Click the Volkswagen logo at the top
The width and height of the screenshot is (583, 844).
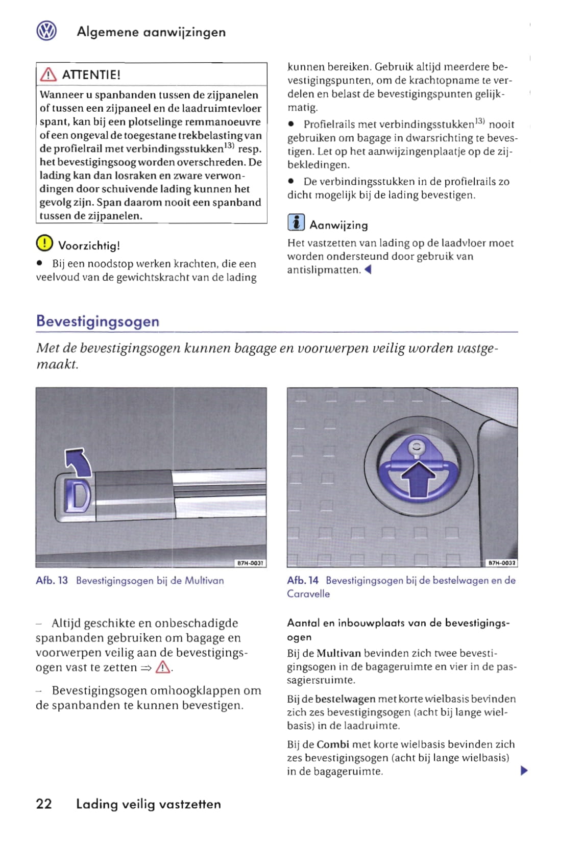[x=46, y=32]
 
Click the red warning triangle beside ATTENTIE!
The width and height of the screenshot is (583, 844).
[x=48, y=75]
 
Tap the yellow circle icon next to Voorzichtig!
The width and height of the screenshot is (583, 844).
[x=44, y=243]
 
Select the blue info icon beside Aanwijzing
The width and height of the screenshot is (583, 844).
[x=296, y=223]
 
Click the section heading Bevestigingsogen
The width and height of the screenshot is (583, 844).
[x=98, y=321]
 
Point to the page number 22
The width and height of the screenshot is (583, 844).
[x=44, y=804]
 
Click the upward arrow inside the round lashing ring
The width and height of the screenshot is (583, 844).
[x=418, y=477]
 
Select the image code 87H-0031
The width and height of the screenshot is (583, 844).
[x=250, y=563]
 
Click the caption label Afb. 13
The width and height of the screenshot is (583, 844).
[x=52, y=581]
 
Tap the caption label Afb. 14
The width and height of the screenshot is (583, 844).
[x=303, y=581]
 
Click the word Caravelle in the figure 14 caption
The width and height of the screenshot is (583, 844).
[x=308, y=594]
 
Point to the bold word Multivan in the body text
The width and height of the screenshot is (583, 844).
[x=338, y=653]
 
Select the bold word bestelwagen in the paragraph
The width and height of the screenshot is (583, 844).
[x=345, y=699]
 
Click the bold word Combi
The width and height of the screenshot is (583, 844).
[x=333, y=744]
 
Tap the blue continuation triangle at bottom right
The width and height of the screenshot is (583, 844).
[x=523, y=771]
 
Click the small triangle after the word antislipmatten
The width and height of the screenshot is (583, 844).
[x=368, y=270]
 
